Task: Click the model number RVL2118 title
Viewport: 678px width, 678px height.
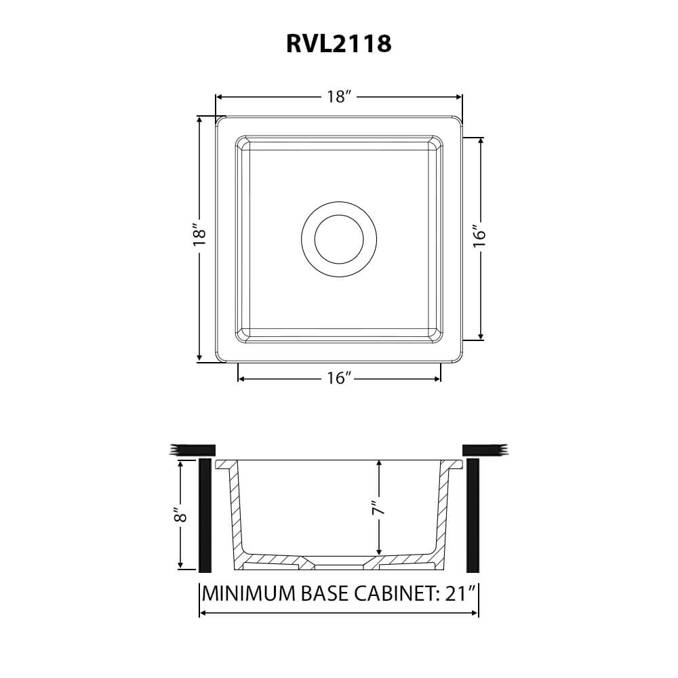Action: pos(339,43)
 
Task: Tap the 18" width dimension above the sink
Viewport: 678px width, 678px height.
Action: pos(338,96)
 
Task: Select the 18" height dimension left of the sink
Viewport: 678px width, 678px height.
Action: pos(199,235)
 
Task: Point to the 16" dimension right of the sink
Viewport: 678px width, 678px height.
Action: pos(479,236)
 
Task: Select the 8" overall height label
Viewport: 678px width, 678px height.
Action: pos(180,514)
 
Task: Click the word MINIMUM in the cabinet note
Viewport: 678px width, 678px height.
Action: pos(249,593)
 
